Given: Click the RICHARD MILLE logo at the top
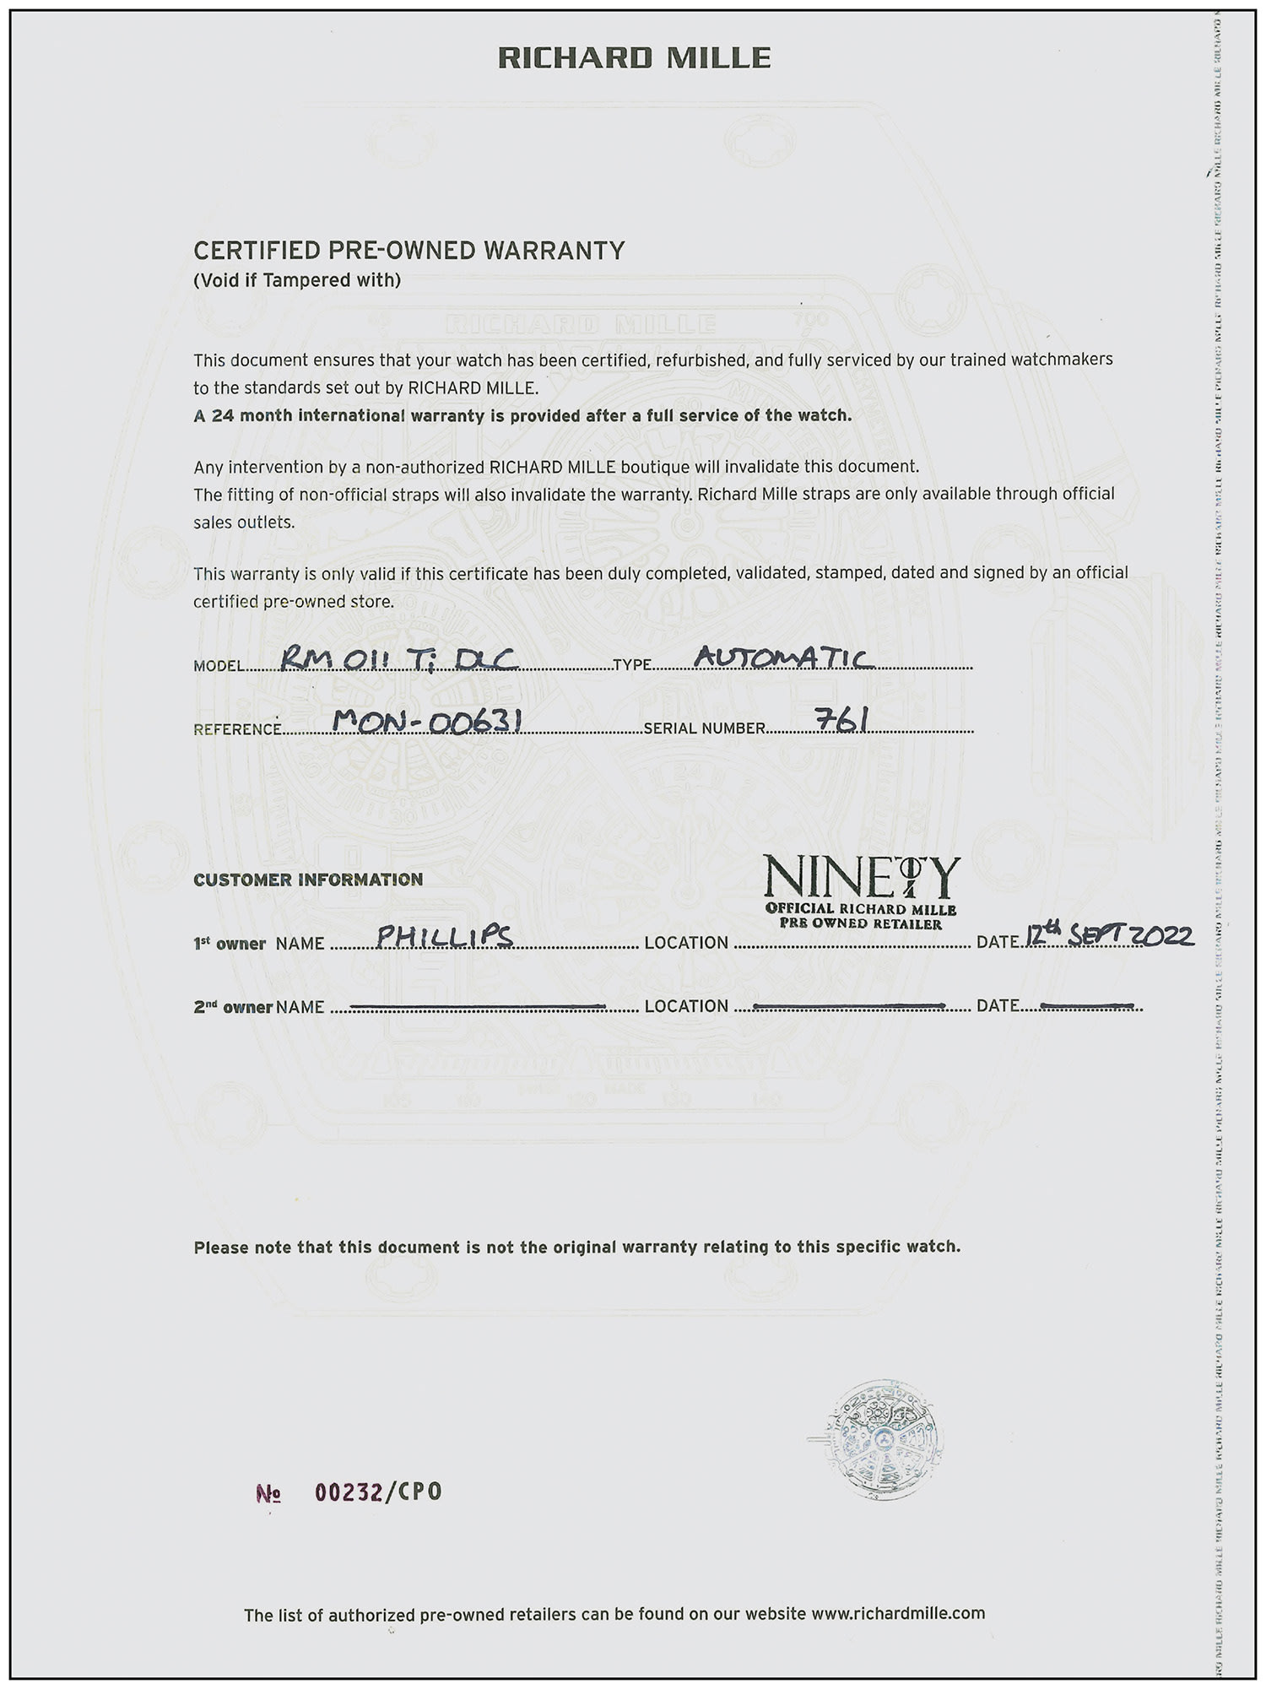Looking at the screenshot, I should click(x=634, y=57).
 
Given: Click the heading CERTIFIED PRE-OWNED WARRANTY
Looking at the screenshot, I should click(x=409, y=251).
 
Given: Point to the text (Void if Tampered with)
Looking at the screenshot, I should click(x=297, y=280).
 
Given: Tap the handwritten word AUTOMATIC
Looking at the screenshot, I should click(x=783, y=658).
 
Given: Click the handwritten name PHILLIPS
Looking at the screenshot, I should click(x=445, y=936).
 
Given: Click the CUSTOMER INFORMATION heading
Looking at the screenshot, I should click(x=308, y=880).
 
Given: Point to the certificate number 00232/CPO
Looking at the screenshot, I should click(x=378, y=1515).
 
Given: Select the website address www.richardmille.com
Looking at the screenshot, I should click(x=898, y=1613).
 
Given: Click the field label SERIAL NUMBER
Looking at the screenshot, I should click(x=704, y=728).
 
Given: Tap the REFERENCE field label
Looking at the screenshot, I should click(x=237, y=729).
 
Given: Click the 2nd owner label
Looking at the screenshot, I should click(x=233, y=1007).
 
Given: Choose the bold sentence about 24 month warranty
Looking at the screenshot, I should click(x=522, y=415).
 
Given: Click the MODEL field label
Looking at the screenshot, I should click(x=219, y=666).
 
